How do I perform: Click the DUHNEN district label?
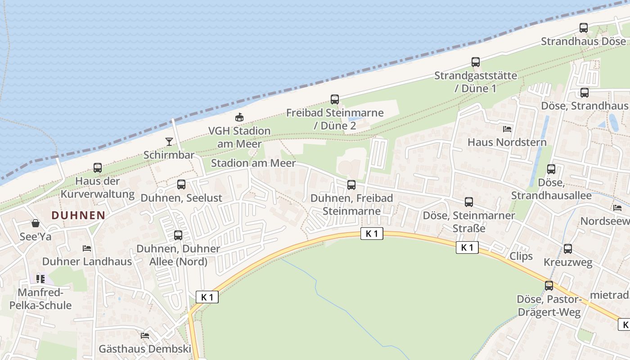tap(78, 215)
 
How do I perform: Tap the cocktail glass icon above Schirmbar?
tap(169, 142)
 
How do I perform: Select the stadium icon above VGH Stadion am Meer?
tap(239, 117)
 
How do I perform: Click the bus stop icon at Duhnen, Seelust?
tap(181, 184)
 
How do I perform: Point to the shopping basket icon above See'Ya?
tap(36, 223)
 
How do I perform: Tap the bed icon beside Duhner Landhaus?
tap(87, 248)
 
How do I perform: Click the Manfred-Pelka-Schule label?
tap(40, 299)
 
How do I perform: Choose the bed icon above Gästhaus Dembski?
tap(145, 335)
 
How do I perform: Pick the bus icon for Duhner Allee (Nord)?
tap(178, 235)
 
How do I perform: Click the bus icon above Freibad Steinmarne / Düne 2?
tap(335, 99)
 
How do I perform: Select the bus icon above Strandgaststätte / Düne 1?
tap(476, 62)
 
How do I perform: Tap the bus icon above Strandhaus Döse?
tap(584, 28)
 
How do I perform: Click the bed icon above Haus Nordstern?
tap(507, 129)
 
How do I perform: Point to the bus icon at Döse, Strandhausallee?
tap(551, 169)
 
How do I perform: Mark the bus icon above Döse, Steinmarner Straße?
tap(469, 202)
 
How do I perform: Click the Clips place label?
tap(521, 256)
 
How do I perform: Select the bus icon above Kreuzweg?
tap(568, 249)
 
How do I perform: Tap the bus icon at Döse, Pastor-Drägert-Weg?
tap(549, 286)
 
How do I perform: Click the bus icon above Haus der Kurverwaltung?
tap(98, 168)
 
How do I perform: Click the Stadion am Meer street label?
tap(253, 163)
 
